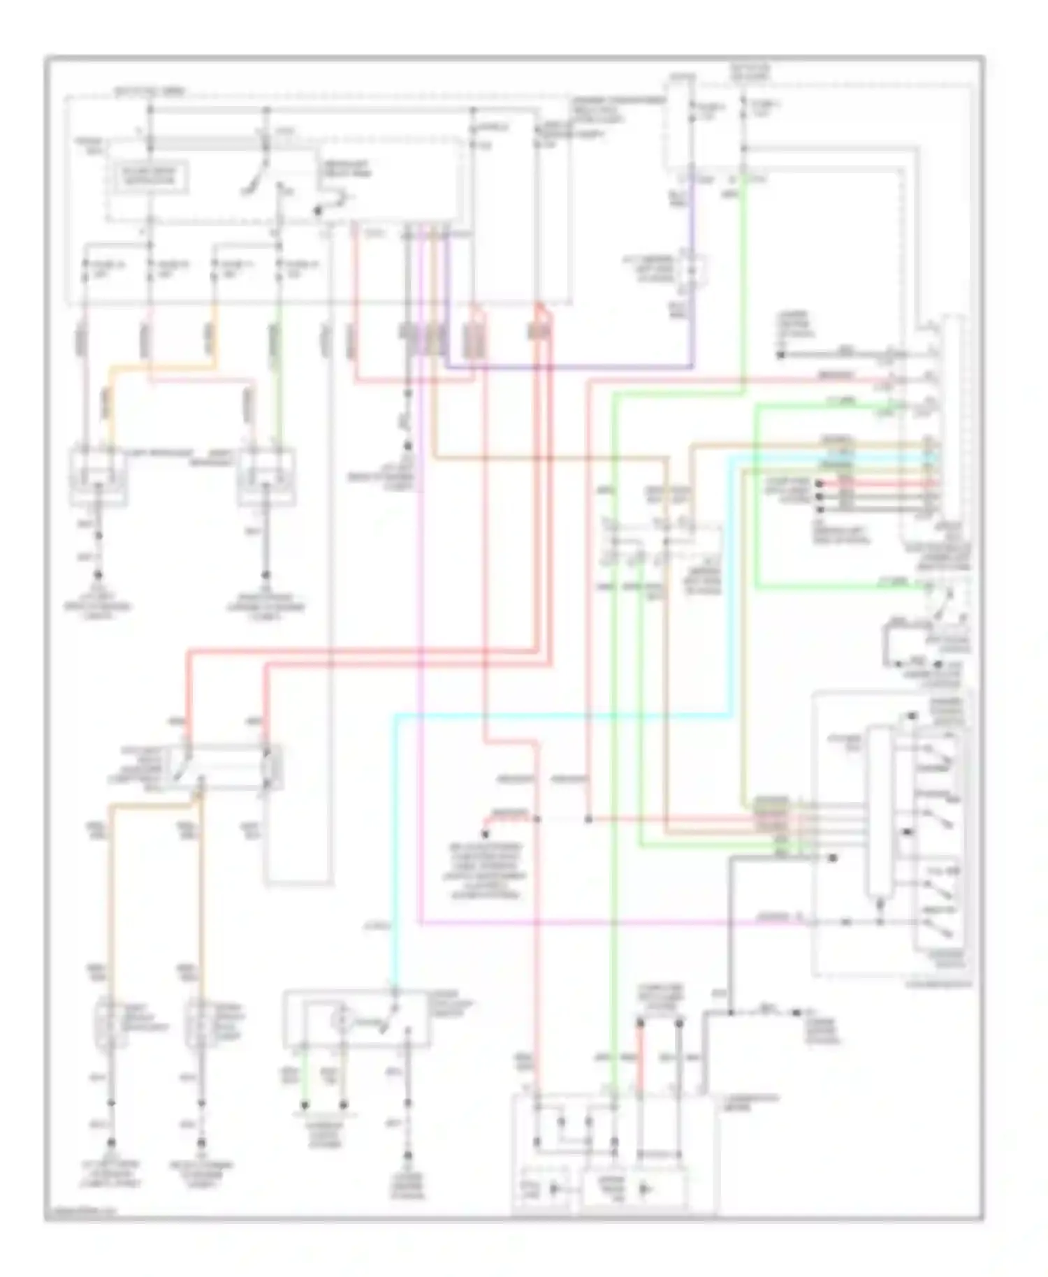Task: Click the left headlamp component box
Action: pyautogui.click(x=98, y=478)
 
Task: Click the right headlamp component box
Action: pyautogui.click(x=266, y=478)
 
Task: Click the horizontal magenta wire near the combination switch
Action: pyautogui.click(x=594, y=923)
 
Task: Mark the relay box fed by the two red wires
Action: pyautogui.click(x=227, y=767)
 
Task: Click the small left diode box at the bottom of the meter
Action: pyautogui.click(x=547, y=1188)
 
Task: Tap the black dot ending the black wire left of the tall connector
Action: pyautogui.click(x=780, y=355)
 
